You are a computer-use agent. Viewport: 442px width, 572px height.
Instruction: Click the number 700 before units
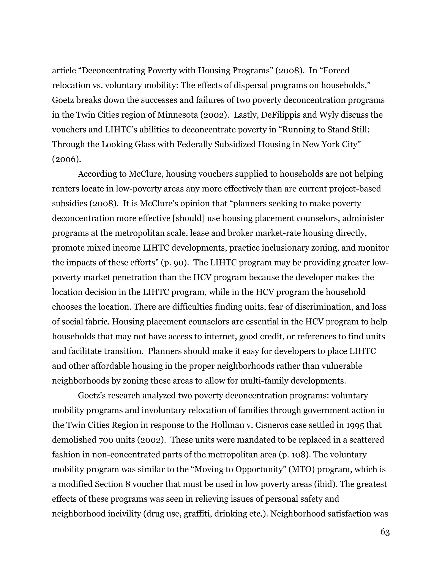106,440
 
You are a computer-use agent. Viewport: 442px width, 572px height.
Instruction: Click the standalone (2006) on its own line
66,159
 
